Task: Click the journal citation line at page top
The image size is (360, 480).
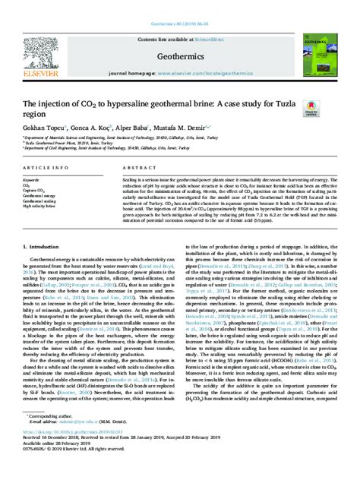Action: click(180, 5)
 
